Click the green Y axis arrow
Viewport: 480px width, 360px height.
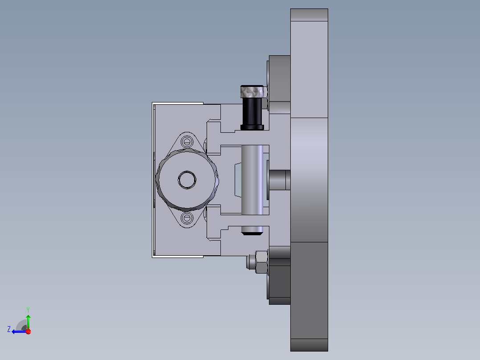28,321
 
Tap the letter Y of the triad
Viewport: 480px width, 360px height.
28,310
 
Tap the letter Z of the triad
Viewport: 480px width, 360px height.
9,329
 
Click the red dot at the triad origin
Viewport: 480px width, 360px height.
28,331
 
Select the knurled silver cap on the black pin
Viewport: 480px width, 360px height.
252,92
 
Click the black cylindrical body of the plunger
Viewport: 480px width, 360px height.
252,111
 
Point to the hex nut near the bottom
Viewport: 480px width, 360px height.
261,262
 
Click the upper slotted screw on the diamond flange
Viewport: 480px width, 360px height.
187,142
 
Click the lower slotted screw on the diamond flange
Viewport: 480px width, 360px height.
187,218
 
